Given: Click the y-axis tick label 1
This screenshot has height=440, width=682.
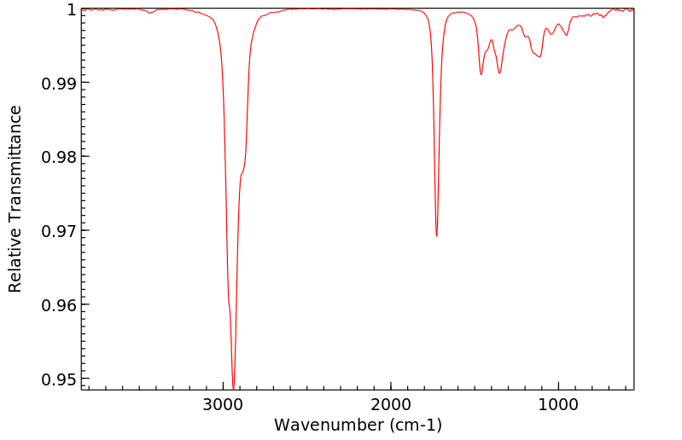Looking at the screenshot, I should point(72,9).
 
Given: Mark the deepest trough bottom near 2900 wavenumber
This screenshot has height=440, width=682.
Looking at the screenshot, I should point(233,388).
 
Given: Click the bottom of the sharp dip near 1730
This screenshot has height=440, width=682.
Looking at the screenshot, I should point(436,235).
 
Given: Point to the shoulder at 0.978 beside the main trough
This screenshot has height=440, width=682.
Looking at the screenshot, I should point(242,172).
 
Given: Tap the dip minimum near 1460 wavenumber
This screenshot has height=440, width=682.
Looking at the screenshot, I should point(481,74).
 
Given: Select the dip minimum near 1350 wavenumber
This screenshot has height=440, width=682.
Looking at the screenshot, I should point(499,72).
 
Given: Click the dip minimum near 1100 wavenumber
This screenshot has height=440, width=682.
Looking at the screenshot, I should point(539,57).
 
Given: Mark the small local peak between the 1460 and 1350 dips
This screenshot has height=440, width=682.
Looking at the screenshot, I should point(491,39).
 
